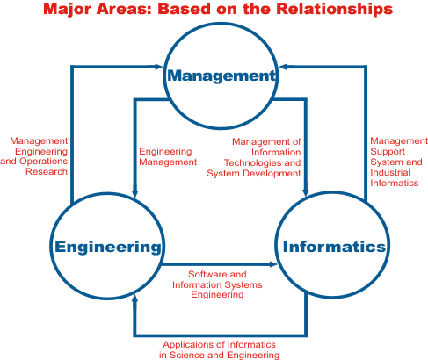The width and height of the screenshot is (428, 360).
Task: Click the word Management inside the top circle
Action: (221, 76)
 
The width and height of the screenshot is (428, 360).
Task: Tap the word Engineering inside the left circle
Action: (108, 248)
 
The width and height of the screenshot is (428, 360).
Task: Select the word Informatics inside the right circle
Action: (334, 247)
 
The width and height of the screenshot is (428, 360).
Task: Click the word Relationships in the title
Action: (334, 9)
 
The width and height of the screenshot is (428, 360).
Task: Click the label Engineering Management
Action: (168, 156)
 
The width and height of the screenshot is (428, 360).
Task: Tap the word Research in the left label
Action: (47, 171)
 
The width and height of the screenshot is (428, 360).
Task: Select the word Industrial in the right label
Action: (390, 172)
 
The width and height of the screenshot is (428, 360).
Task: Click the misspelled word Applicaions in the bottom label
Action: (192, 345)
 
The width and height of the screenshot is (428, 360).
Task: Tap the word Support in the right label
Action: (388, 152)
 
